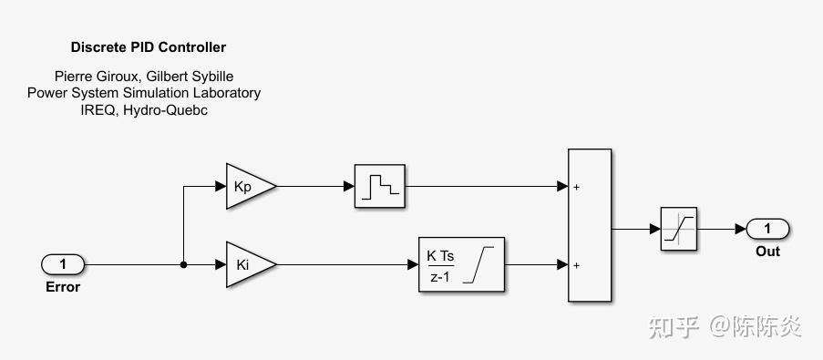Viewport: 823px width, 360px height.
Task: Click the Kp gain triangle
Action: tap(248, 186)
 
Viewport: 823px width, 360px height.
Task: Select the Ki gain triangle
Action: tap(248, 264)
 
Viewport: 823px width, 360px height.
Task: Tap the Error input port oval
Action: tap(63, 264)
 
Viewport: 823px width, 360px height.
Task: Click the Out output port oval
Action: tap(767, 229)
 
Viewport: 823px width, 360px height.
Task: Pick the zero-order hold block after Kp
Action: tap(380, 186)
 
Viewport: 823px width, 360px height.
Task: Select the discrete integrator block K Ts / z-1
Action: tap(461, 264)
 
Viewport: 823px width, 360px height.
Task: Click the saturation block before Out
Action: tap(679, 229)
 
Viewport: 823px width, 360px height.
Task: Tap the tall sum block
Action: tap(590, 225)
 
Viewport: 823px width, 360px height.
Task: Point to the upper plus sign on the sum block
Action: tap(576, 187)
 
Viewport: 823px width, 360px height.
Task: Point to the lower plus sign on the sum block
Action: tap(576, 265)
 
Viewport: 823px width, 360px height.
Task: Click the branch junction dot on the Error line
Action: tap(183, 265)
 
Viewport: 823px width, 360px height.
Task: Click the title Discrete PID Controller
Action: tap(149, 47)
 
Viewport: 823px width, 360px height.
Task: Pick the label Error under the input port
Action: tap(63, 287)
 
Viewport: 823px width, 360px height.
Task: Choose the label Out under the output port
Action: tap(768, 252)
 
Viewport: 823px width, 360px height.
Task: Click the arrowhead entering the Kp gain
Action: tap(221, 186)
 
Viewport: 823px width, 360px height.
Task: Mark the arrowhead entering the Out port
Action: tap(741, 229)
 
